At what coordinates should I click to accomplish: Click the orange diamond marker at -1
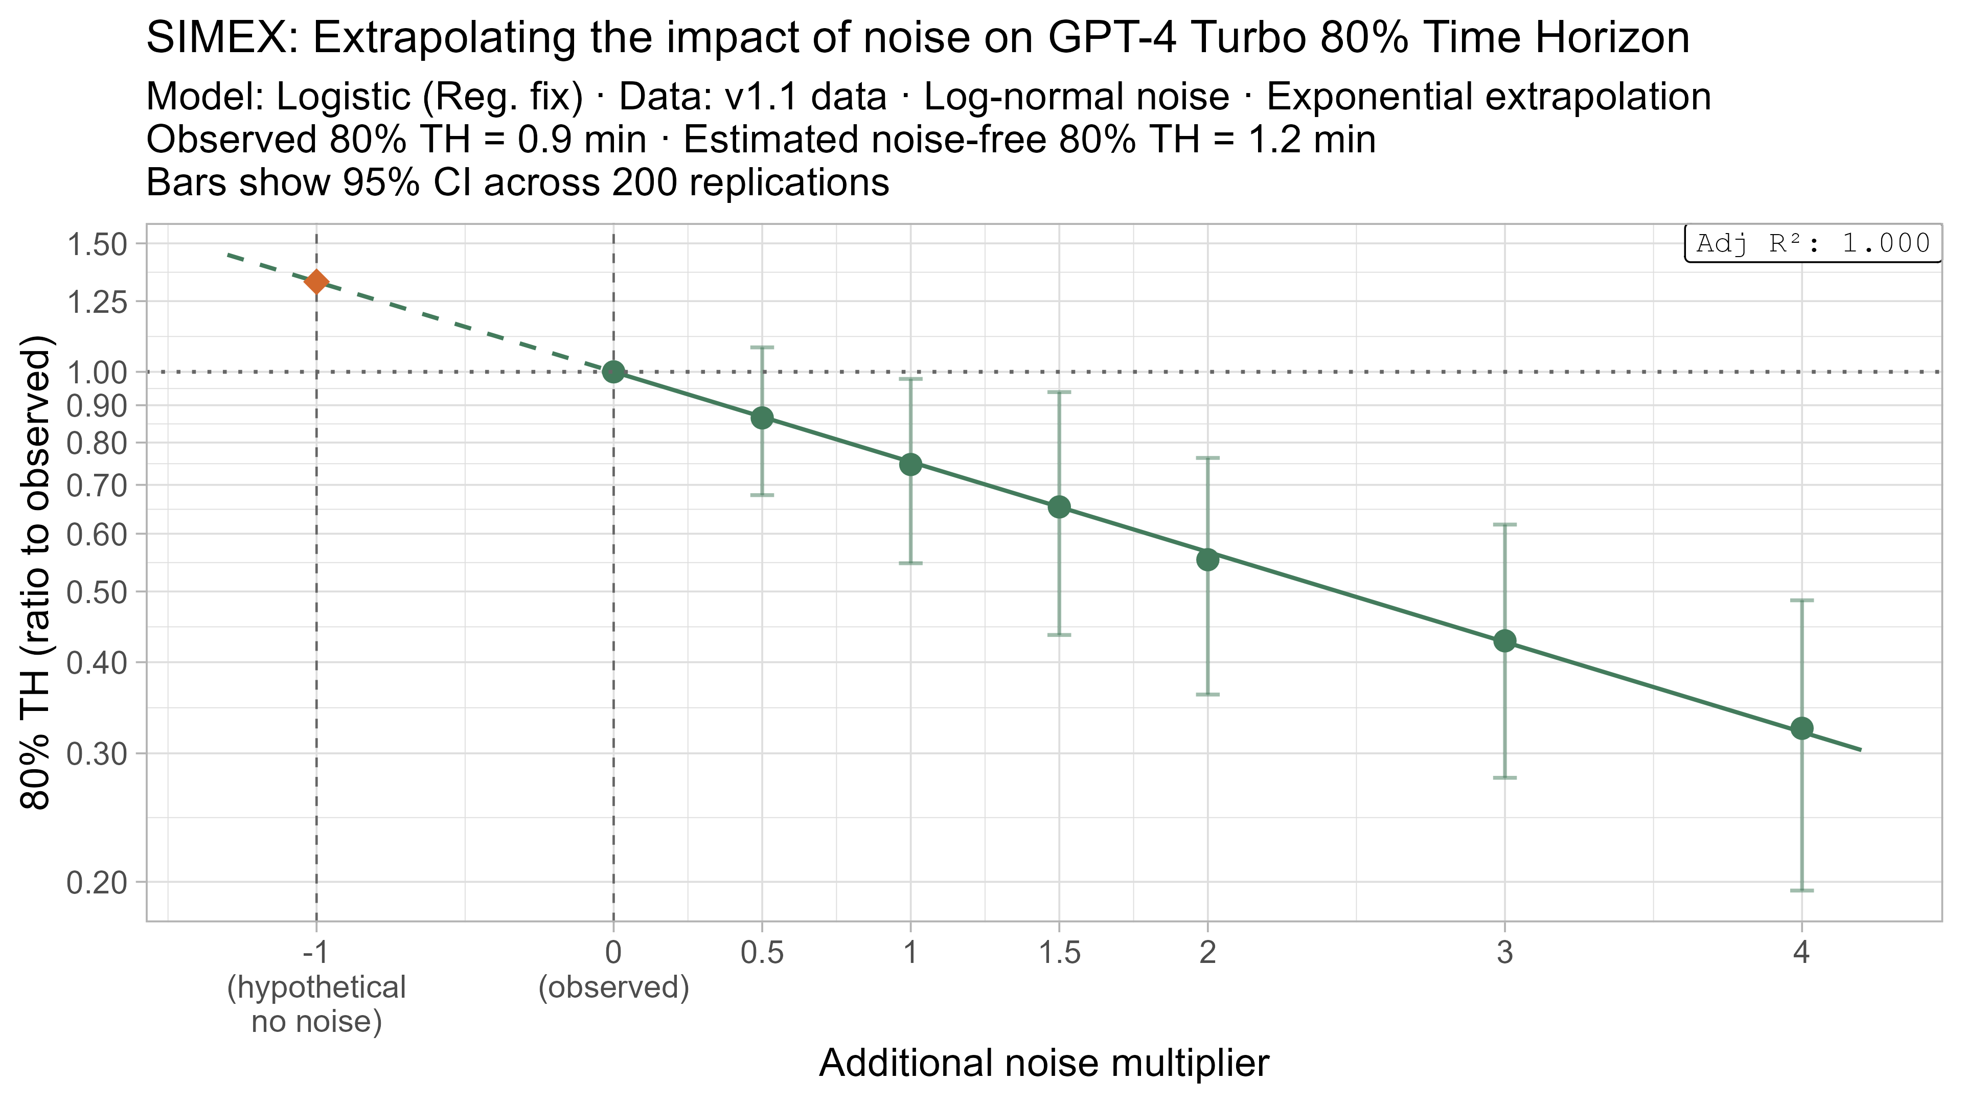[316, 282]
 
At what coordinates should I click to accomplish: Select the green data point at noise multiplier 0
[613, 372]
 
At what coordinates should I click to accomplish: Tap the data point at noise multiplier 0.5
[762, 418]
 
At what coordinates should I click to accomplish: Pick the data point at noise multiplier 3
[1504, 641]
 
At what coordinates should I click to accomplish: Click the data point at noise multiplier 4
[1801, 728]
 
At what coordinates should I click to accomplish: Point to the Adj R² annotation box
[1813, 244]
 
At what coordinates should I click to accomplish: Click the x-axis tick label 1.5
[1059, 952]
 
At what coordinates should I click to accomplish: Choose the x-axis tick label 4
[1801, 952]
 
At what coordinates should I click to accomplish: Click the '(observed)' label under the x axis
[613, 987]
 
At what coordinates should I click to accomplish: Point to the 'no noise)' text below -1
[316, 1021]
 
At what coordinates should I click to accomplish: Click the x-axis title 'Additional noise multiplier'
[1044, 1063]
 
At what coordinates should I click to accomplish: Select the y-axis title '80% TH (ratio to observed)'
[37, 571]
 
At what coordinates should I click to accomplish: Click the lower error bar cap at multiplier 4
[1801, 890]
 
